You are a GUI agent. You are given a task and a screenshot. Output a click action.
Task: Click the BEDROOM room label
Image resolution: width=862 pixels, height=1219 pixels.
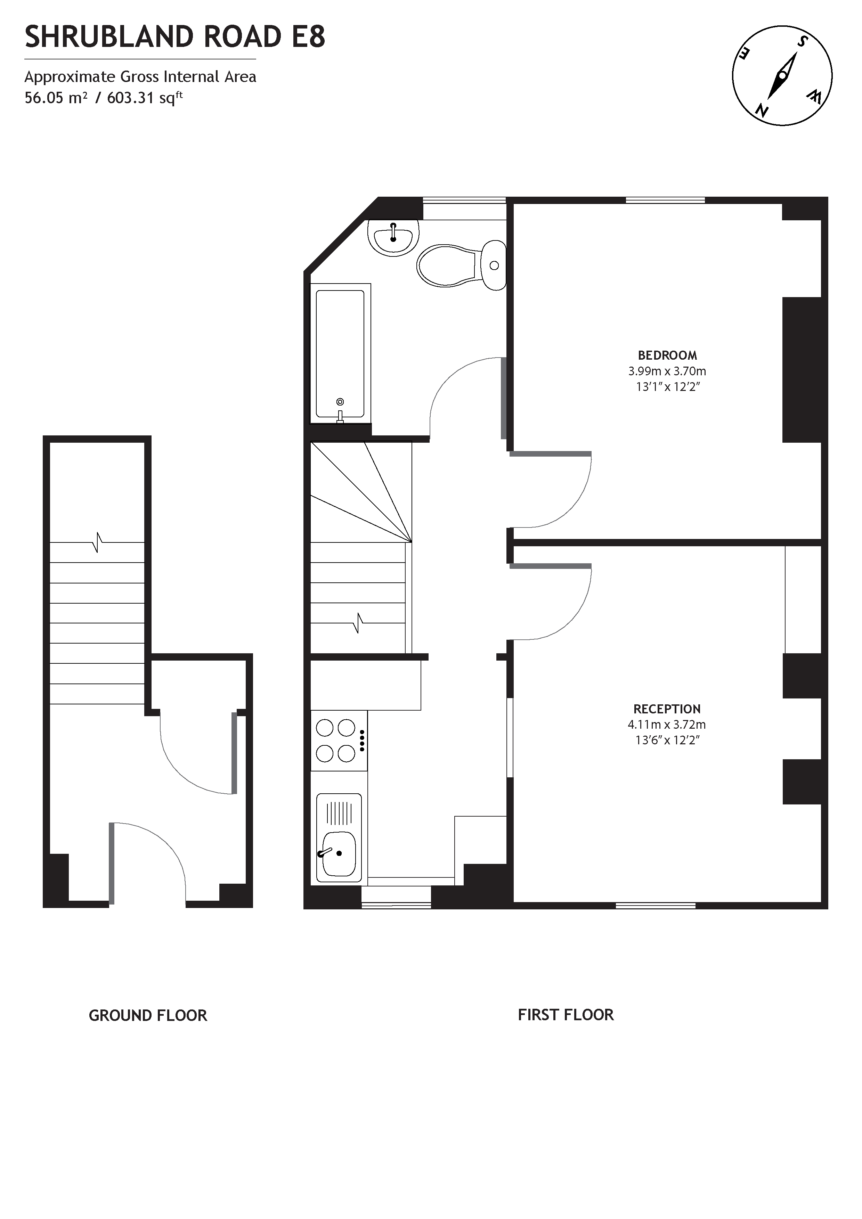tap(667, 355)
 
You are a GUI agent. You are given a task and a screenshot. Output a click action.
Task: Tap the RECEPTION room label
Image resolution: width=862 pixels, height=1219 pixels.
tap(667, 709)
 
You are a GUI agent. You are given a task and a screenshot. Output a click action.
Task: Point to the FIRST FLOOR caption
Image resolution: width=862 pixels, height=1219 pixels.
tap(566, 1015)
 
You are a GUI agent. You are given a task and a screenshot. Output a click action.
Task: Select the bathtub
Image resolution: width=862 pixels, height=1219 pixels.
tap(340, 353)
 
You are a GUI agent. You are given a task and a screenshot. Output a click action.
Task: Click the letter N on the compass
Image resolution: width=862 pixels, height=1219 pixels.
tap(763, 111)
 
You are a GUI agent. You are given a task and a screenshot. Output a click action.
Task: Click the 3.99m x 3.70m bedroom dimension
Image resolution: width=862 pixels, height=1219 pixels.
tap(667, 371)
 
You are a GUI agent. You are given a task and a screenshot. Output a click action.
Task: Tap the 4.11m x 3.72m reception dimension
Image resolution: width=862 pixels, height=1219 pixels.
tap(667, 724)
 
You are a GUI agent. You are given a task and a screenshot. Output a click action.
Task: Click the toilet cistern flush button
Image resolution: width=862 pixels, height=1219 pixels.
tap(494, 265)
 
